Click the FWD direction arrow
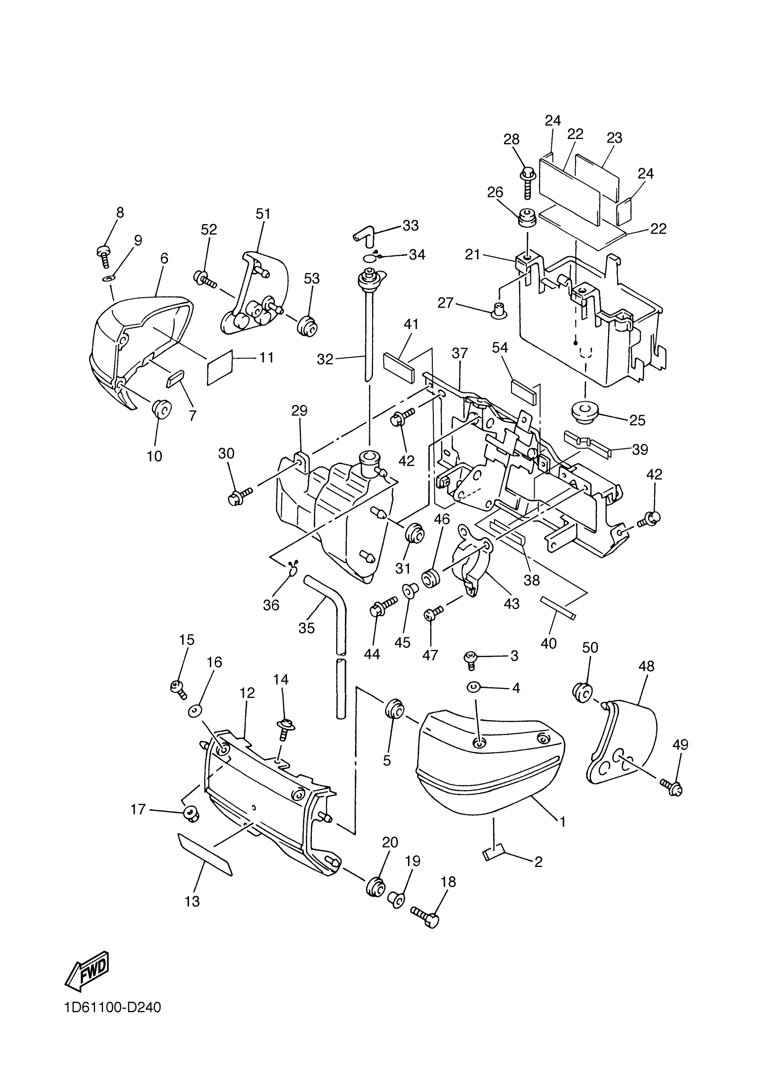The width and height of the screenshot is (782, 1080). coord(87,969)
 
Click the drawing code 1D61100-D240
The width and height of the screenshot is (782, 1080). coord(113,1021)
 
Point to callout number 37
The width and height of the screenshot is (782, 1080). coord(460,353)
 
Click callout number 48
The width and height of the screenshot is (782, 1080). coord(647,666)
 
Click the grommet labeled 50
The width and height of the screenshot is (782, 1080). coord(583,693)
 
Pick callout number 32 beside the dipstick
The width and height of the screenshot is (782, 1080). coord(325,359)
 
